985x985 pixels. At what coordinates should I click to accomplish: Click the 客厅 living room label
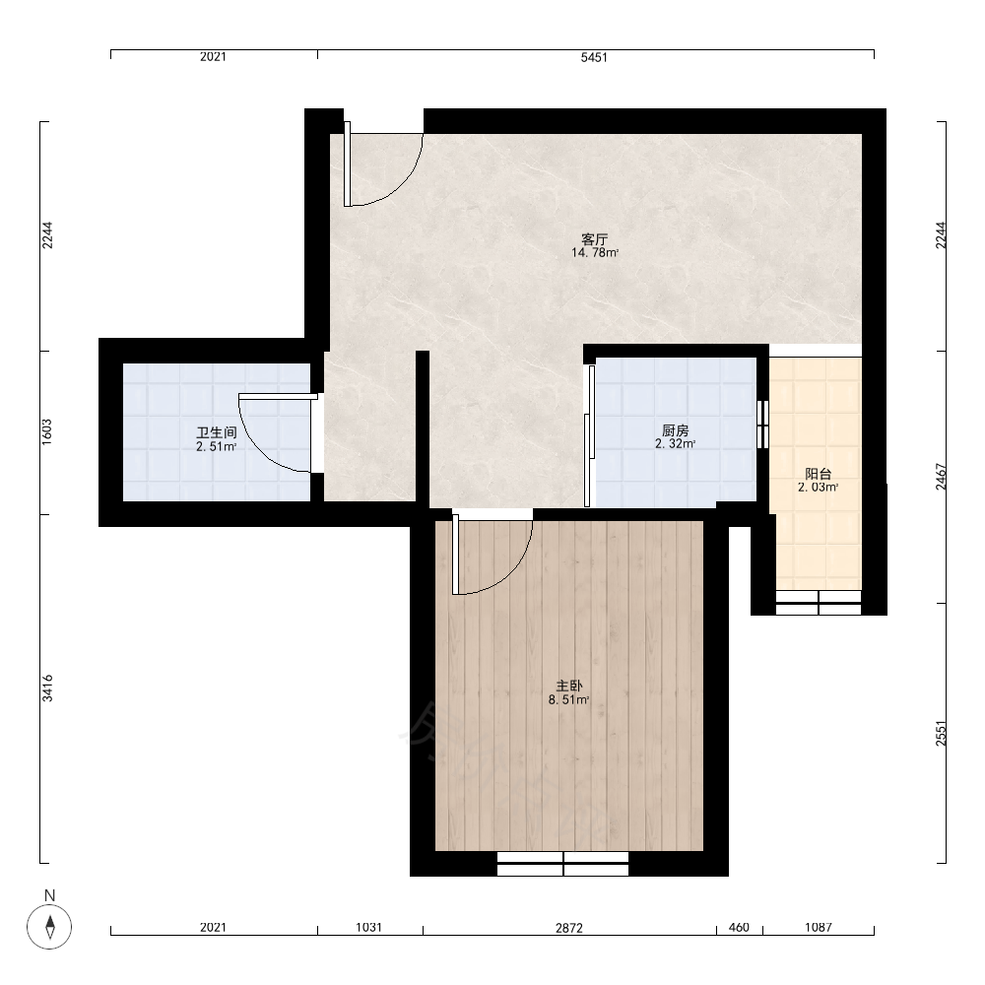(x=594, y=239)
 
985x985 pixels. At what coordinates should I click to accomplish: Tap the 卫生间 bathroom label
(x=216, y=432)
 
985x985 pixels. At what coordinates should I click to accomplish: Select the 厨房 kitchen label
(x=676, y=430)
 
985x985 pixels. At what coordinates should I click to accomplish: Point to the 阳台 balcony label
(x=818, y=474)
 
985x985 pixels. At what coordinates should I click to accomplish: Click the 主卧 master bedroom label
(x=568, y=686)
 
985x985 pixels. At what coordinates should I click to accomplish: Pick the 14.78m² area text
(x=595, y=253)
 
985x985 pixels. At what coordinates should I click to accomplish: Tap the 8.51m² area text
(x=568, y=699)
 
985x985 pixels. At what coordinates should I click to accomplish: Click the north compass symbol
(x=49, y=926)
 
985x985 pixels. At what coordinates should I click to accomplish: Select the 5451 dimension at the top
(x=594, y=57)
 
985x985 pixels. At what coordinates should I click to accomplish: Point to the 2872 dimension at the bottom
(x=569, y=927)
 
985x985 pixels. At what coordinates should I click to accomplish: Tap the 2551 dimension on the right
(x=940, y=733)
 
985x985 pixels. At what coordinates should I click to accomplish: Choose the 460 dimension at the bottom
(x=740, y=927)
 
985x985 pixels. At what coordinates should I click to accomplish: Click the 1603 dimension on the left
(x=47, y=432)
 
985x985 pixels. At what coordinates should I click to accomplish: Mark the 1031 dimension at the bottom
(x=368, y=927)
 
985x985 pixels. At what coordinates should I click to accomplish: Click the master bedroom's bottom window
(x=562, y=864)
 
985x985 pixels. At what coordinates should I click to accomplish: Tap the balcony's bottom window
(x=819, y=603)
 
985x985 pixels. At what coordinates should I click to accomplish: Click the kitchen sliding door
(x=589, y=436)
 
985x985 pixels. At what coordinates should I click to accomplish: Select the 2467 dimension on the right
(x=940, y=477)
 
